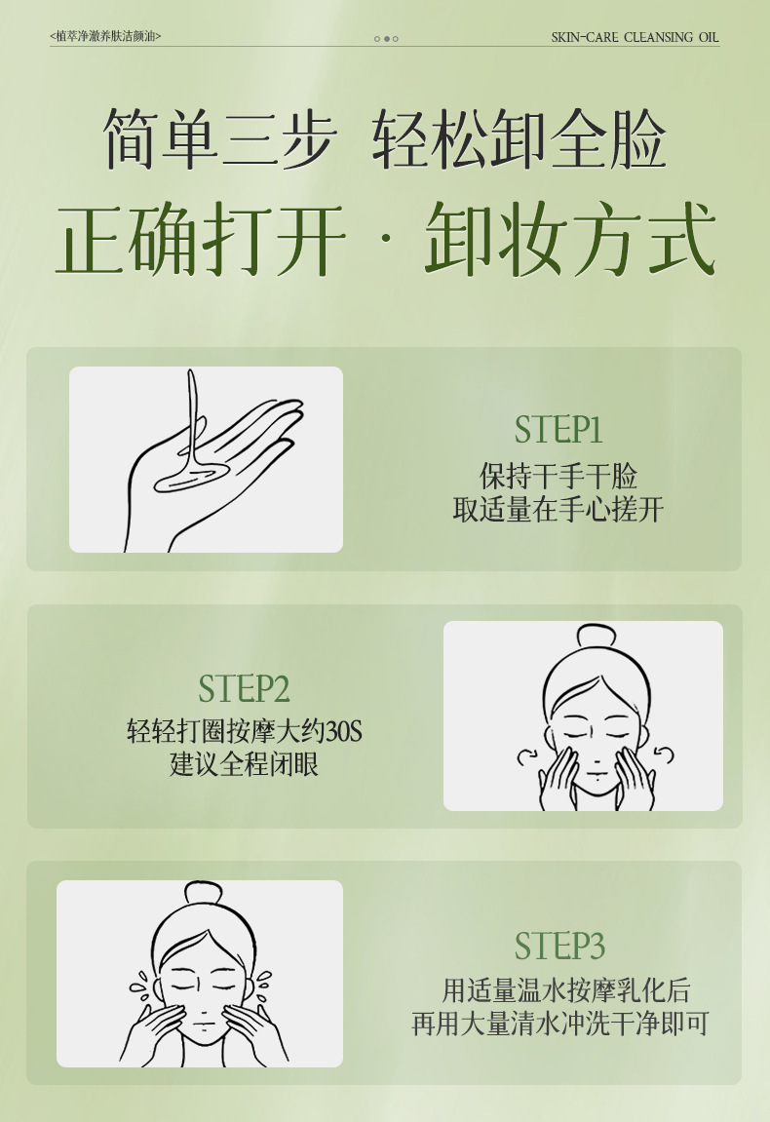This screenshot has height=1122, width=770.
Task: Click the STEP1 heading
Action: tap(558, 429)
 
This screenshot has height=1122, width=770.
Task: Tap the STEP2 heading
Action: tap(244, 688)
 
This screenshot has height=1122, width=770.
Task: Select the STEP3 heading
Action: tap(559, 946)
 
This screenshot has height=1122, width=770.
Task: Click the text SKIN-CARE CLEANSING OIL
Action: tap(635, 37)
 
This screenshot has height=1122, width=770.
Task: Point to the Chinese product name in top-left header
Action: tap(106, 36)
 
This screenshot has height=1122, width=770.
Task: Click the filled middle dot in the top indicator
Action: tap(386, 39)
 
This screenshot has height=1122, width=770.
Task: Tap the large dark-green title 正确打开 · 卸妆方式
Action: tap(386, 239)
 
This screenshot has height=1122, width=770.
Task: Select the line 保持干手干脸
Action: tap(558, 477)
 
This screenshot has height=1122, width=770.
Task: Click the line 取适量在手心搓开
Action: tap(558, 510)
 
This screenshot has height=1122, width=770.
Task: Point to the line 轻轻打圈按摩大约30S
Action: tap(245, 731)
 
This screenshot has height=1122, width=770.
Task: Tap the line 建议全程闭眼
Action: tap(245, 764)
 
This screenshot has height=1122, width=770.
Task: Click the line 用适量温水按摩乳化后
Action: tap(566, 990)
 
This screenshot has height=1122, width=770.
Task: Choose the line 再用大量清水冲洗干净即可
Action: tap(560, 1024)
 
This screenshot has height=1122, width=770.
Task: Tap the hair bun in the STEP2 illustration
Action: tap(597, 636)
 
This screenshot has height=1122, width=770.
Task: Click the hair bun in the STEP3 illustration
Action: tap(204, 893)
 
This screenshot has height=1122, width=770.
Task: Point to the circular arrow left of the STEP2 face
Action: tap(527, 757)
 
